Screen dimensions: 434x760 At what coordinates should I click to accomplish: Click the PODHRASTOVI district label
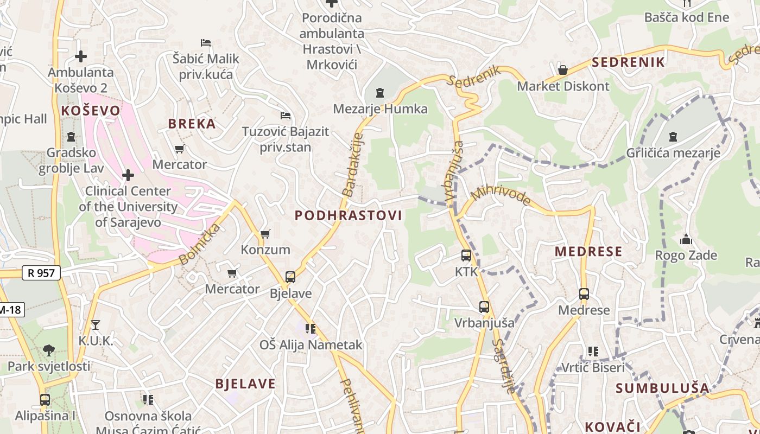[348, 215]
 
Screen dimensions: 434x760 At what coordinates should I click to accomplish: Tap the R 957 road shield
[41, 273]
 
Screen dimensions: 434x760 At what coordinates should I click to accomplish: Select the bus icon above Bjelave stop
[290, 277]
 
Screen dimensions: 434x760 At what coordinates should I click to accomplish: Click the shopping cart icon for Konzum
[265, 234]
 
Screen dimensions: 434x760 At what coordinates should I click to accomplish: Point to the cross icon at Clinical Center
[128, 175]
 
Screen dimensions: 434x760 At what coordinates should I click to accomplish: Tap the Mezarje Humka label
[380, 109]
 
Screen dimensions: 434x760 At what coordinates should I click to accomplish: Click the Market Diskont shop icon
[563, 70]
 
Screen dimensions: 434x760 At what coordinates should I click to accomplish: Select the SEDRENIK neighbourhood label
[628, 62]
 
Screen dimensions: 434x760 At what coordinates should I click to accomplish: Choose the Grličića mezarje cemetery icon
[673, 137]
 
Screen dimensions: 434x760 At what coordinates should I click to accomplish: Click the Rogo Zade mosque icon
[686, 239]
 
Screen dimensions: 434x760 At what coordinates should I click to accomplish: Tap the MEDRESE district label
[588, 252]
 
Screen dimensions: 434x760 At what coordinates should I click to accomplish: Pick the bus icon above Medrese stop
[584, 294]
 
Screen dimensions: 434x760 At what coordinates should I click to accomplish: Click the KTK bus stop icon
[466, 256]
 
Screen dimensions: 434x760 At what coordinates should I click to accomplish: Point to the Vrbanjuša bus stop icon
[484, 307]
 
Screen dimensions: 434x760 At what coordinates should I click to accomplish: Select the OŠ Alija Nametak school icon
[311, 328]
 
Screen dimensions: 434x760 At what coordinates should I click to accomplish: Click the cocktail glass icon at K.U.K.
[96, 324]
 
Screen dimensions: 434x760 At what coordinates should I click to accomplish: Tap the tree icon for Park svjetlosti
[48, 350]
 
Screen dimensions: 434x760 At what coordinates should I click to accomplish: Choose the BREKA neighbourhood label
[192, 124]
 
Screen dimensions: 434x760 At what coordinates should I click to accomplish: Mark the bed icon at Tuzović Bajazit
[286, 116]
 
